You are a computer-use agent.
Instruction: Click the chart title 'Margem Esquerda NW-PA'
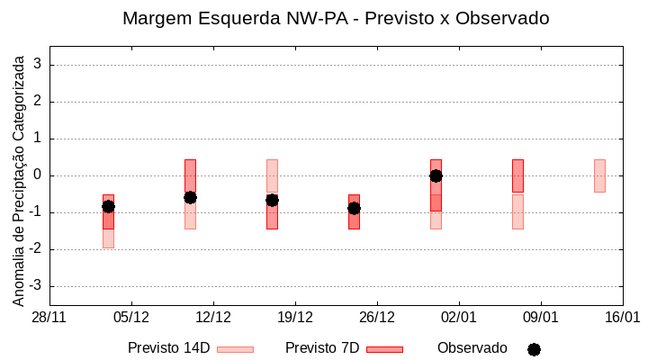point(335,18)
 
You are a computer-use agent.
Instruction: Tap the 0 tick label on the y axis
point(38,175)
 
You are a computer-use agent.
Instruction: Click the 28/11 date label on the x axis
point(49,318)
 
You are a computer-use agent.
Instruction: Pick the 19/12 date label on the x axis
point(295,318)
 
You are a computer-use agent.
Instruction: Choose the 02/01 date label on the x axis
point(459,318)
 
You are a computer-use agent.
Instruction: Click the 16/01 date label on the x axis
point(622,318)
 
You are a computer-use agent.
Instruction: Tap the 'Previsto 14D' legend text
point(168,348)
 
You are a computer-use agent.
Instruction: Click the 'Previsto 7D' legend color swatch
point(384,349)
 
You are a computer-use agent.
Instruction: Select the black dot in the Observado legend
point(534,349)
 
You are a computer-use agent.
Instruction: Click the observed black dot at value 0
point(436,175)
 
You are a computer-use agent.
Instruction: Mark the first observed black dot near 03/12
point(108,206)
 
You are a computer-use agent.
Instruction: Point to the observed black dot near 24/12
point(354,208)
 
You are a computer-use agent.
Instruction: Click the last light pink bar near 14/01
point(599,175)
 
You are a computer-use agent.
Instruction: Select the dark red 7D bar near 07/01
point(517,175)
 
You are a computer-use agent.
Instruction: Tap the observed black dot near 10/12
point(190,197)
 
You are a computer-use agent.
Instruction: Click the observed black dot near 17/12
point(272,200)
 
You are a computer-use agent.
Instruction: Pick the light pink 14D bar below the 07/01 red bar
point(517,211)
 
